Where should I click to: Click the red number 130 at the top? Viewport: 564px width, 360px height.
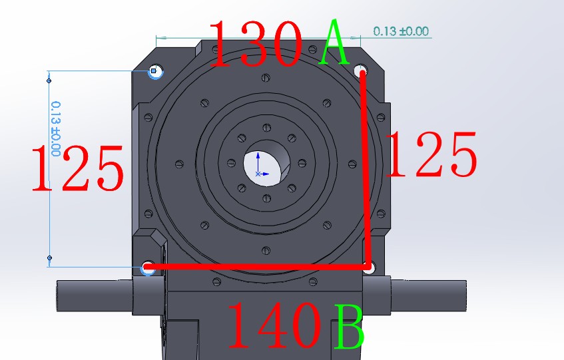(257, 43)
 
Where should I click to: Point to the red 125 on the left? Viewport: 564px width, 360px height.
(78, 169)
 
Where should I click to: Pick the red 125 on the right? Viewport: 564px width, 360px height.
(431, 155)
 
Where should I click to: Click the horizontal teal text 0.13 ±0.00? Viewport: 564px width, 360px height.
(401, 31)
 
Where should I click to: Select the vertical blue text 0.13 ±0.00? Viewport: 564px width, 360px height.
(56, 128)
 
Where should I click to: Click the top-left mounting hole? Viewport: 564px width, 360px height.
(154, 71)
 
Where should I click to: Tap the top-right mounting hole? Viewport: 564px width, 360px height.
(362, 70)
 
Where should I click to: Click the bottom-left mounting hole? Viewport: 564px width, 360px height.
(148, 268)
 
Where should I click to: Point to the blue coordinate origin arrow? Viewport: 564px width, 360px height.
(258, 166)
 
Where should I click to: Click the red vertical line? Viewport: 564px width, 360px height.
(365, 166)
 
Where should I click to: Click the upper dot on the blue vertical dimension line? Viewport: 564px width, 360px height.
(49, 81)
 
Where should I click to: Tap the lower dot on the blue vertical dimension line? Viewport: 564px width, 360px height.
(49, 257)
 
